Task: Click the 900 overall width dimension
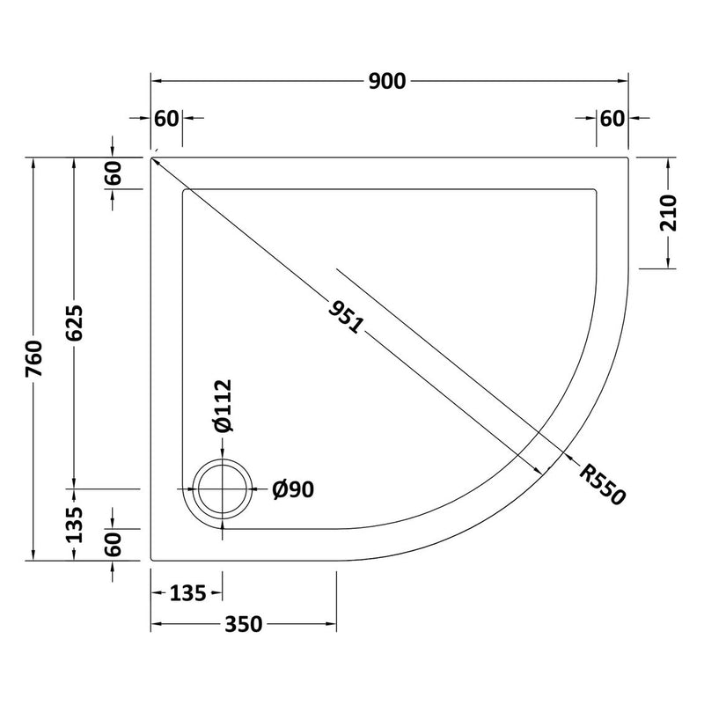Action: [387, 81]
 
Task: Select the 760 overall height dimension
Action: [34, 359]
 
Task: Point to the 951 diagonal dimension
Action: [345, 318]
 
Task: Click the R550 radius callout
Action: [602, 485]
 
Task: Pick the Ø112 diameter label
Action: [224, 406]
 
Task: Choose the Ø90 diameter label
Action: [293, 489]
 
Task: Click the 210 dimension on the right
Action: [669, 213]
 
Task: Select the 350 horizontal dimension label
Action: [243, 625]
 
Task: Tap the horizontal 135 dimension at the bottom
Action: [188, 593]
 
